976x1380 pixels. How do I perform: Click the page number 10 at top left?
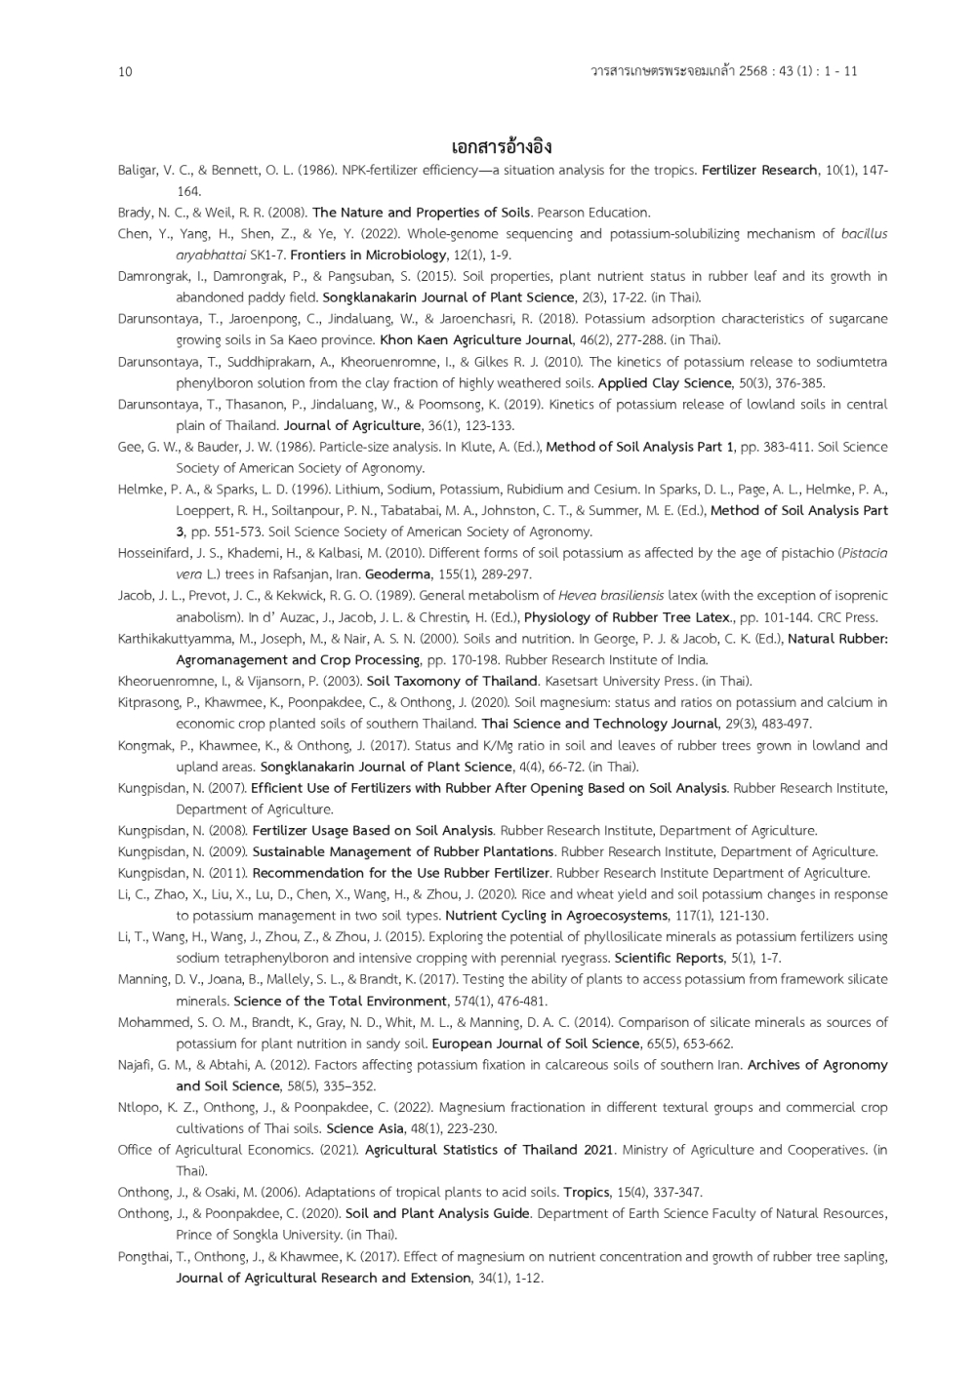click(124, 71)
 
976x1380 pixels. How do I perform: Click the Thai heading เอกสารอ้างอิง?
click(502, 147)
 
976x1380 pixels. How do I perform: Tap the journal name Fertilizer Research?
click(759, 170)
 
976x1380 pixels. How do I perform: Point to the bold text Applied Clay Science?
click(664, 382)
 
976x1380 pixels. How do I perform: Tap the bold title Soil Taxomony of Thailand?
click(452, 681)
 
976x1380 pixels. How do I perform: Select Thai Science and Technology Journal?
click(598, 723)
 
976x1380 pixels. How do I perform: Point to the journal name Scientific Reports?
click(670, 958)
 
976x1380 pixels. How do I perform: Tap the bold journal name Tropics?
click(587, 1192)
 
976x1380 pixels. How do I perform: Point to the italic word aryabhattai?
click(211, 255)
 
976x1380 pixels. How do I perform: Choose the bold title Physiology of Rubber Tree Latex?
click(628, 616)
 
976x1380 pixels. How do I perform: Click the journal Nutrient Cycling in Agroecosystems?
click(556, 915)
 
